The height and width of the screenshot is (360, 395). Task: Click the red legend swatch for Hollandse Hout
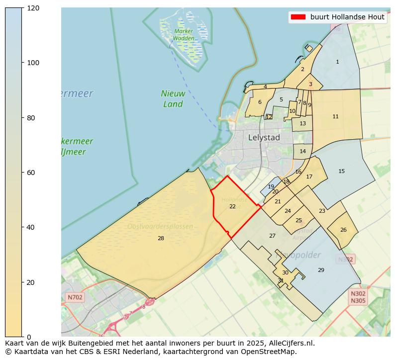(x=297, y=17)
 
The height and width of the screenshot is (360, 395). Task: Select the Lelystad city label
(x=264, y=137)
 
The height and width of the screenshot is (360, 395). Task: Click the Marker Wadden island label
(x=184, y=34)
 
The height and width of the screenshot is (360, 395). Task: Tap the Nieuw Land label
(x=173, y=98)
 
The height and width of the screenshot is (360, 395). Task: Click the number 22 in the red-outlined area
(x=232, y=206)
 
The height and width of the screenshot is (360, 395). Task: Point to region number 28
(x=161, y=238)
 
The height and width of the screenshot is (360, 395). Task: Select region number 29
(x=321, y=270)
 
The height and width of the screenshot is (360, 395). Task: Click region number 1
(x=337, y=62)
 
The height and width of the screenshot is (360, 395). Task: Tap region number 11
(x=335, y=116)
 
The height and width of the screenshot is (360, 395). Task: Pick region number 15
(x=341, y=171)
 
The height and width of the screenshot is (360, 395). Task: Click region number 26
(x=343, y=230)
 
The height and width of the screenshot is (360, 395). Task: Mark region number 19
(x=271, y=187)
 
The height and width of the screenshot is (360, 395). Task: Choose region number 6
(x=260, y=102)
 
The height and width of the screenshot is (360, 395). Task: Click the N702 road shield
(x=75, y=297)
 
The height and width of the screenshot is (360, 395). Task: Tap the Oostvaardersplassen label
(x=160, y=226)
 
